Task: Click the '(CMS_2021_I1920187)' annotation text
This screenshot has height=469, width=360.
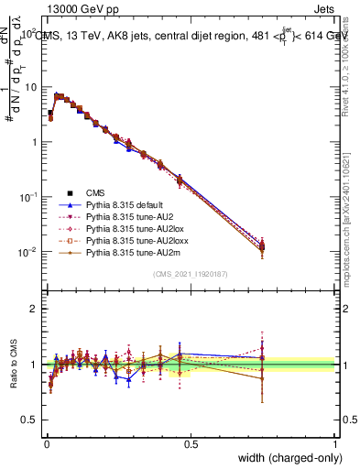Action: (x=191, y=274)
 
